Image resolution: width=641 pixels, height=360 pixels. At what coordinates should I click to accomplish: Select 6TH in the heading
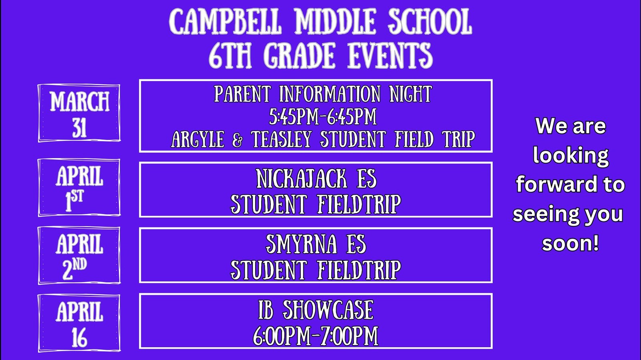[x=230, y=55]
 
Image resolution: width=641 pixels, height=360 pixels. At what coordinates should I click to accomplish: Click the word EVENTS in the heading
[x=390, y=55]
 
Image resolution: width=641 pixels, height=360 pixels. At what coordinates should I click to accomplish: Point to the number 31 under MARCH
[x=80, y=128]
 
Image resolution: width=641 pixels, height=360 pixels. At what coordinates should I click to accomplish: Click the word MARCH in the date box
[x=80, y=101]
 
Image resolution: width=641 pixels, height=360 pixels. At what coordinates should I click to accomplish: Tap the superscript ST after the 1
[x=77, y=197]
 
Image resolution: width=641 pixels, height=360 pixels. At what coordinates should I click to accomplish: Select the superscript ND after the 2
[x=80, y=265]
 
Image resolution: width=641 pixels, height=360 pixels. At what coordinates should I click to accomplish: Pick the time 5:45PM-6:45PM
[x=323, y=117]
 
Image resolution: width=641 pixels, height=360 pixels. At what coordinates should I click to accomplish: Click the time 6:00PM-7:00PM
[x=315, y=336]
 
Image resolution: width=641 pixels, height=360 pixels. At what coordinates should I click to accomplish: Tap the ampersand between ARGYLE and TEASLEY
[x=237, y=139]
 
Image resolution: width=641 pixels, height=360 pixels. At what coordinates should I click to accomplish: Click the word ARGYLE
[x=198, y=139]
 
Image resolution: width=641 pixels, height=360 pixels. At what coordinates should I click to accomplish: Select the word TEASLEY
[x=281, y=139]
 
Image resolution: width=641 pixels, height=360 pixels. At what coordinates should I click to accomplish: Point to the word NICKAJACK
[x=302, y=179]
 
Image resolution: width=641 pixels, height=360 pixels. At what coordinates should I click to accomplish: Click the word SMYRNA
[x=301, y=244]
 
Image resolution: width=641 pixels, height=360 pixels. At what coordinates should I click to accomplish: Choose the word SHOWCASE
[x=328, y=310]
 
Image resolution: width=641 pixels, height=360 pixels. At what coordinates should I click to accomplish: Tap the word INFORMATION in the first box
[x=330, y=93]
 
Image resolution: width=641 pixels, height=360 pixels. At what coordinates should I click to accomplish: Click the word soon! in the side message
[x=570, y=243]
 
